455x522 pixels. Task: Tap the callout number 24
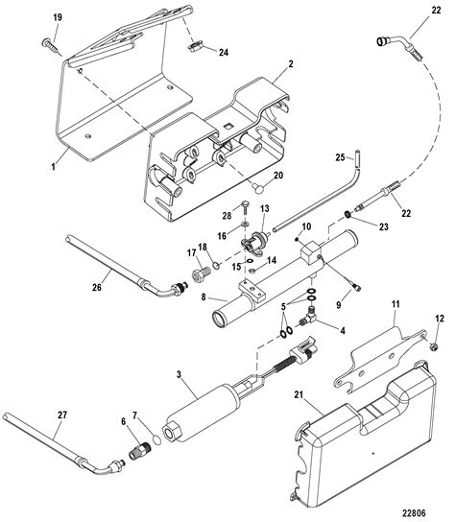coord(224,54)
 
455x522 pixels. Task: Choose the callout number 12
coord(441,318)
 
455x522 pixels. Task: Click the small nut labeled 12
coord(435,343)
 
